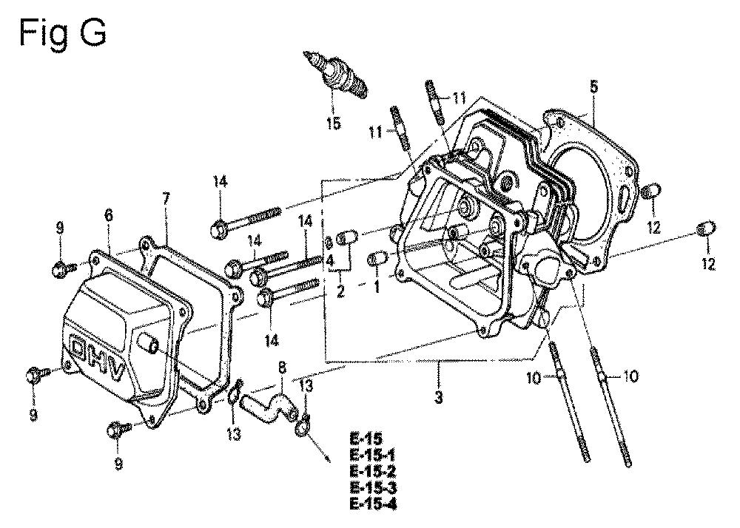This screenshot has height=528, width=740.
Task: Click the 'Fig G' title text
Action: click(62, 33)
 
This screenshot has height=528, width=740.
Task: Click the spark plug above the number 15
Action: click(336, 75)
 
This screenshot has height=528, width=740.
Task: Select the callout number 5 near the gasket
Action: click(593, 87)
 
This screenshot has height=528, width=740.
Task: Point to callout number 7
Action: click(165, 199)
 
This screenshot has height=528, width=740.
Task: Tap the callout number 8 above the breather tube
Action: click(282, 368)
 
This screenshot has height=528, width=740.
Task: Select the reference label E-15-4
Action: click(373, 504)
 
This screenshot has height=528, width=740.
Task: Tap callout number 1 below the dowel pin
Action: click(377, 287)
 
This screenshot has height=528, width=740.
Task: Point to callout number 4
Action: click(330, 260)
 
